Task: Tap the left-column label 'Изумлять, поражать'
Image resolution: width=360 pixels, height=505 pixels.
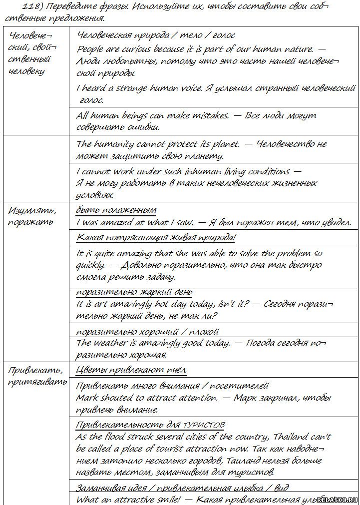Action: pos(32,215)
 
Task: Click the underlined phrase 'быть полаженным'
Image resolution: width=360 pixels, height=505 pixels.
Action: pos(116,210)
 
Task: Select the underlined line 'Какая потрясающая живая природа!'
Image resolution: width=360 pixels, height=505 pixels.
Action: pos(156,237)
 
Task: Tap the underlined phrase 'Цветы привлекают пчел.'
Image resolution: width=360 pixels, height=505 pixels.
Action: pos(131,370)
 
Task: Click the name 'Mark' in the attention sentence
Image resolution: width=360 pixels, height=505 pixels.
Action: pos(87,398)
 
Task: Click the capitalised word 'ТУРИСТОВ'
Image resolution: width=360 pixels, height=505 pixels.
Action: pos(204,425)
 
